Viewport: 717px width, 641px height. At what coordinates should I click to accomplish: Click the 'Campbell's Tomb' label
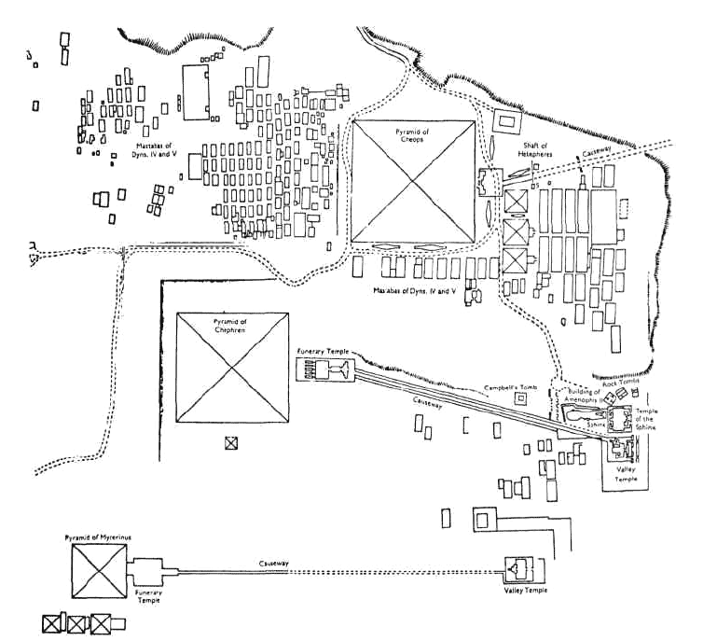508,385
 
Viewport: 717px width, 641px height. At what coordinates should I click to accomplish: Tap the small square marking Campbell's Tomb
521,398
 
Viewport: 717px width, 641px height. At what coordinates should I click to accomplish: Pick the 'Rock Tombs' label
622,381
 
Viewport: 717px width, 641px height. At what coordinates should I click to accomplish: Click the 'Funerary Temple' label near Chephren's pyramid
323,351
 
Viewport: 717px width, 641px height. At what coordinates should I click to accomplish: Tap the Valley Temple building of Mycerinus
518,569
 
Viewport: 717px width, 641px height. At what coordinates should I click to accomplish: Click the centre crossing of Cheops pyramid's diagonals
414,183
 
